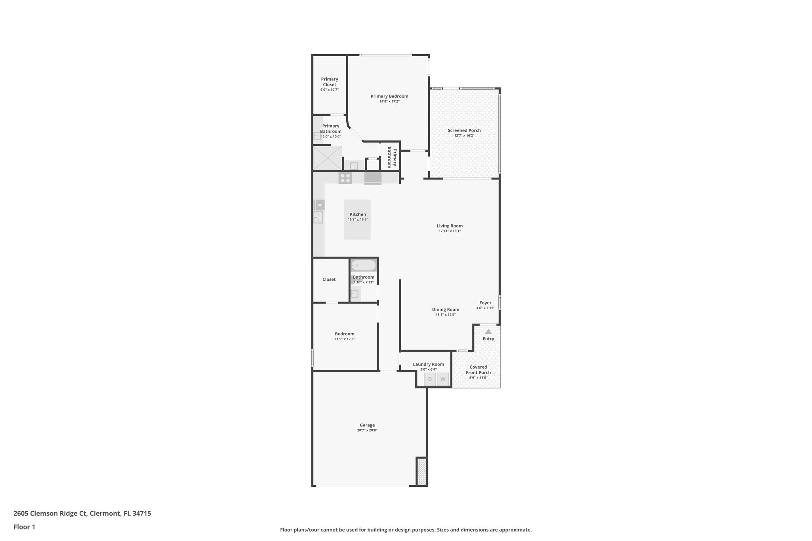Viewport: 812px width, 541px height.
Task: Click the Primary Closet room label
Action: tap(329, 82)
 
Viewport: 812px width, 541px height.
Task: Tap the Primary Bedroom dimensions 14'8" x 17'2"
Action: tap(389, 101)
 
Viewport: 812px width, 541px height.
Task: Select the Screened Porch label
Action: tap(464, 130)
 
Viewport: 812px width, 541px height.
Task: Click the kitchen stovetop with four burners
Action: tap(345, 178)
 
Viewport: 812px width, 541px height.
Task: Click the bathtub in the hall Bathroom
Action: tap(363, 265)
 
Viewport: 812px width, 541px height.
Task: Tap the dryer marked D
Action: tap(430, 379)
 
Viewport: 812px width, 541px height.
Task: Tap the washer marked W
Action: tap(443, 379)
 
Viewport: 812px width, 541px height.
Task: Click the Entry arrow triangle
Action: tap(488, 332)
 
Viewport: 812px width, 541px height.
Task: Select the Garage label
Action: tap(367, 425)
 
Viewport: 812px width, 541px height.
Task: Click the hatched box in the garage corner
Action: tap(421, 471)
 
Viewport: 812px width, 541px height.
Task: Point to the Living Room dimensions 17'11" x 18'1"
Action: tap(450, 231)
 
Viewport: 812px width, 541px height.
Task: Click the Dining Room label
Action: tap(446, 310)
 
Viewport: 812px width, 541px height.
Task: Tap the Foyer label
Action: tap(485, 303)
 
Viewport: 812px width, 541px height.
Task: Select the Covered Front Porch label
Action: tap(478, 370)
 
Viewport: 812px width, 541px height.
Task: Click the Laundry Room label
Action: tap(428, 364)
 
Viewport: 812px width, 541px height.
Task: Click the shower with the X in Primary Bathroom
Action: tap(327, 158)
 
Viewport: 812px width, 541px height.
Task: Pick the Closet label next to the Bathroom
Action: tap(329, 279)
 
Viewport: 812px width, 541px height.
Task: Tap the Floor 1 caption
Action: tap(24, 527)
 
